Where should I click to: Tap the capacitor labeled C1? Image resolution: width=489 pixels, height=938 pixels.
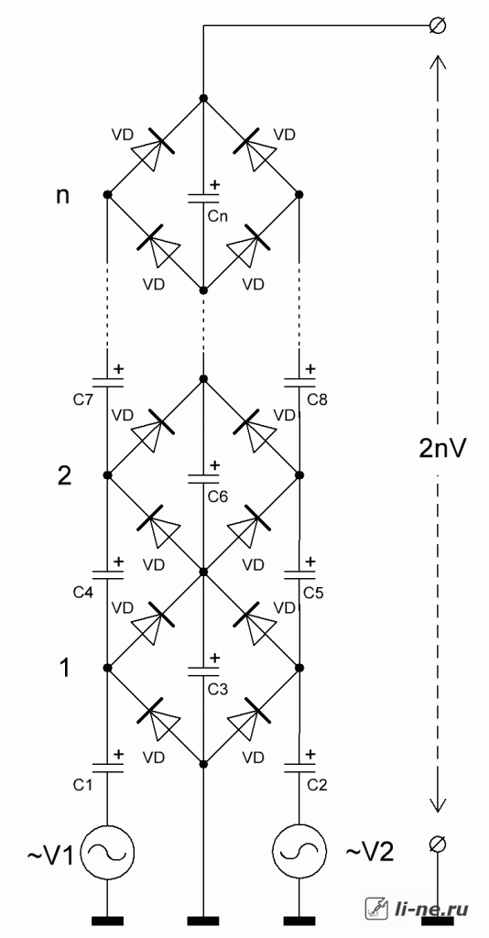[x=108, y=769]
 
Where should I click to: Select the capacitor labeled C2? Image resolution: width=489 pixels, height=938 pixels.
[x=299, y=769]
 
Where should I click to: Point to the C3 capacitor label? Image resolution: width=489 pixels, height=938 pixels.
[x=218, y=689]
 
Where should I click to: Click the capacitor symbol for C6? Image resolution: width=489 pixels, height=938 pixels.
[x=203, y=478]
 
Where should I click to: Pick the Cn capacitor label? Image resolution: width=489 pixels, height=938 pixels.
[x=218, y=216]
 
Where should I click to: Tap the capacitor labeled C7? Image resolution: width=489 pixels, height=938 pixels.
[x=108, y=382]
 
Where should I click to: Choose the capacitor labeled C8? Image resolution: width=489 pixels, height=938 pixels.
[x=299, y=382]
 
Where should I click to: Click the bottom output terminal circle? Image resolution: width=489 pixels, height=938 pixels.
[x=437, y=844]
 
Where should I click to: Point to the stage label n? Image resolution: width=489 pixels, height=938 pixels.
[x=62, y=198]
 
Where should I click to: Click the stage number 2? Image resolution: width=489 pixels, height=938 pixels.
[x=64, y=476]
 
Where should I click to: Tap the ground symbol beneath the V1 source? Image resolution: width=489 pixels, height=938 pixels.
[x=108, y=921]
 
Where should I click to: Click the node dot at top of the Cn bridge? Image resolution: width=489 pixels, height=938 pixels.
[x=203, y=98]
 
